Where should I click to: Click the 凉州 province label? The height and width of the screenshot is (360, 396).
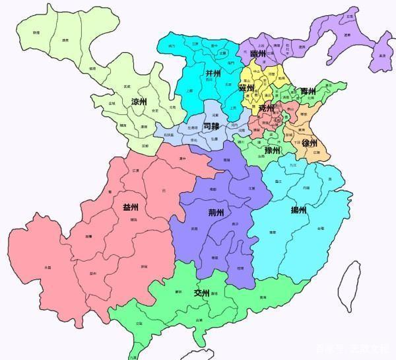(139, 102)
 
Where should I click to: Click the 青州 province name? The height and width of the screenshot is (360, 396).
(308, 92)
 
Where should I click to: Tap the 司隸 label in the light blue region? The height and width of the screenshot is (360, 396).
(212, 125)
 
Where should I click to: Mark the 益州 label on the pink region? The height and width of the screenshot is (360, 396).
(131, 207)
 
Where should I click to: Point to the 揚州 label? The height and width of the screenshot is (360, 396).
(298, 211)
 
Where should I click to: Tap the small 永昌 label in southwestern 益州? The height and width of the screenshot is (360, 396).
(47, 267)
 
